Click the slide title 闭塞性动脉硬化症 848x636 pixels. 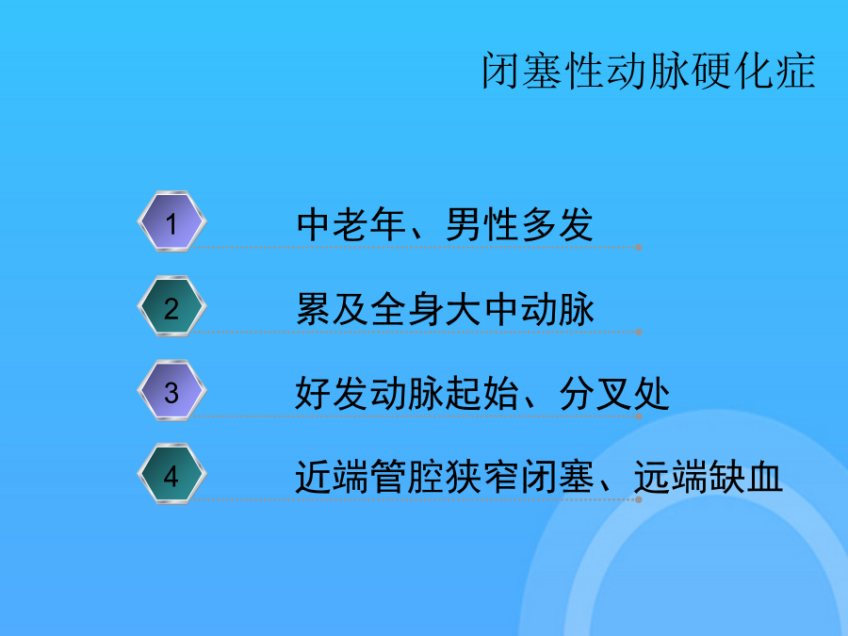pos(648,71)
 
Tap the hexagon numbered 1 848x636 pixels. pos(172,221)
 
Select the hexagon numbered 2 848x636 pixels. pos(172,306)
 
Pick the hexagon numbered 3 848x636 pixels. pos(172,390)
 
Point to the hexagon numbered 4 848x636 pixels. pos(172,474)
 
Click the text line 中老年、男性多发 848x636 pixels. pos(445,224)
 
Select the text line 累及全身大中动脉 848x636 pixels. pos(445,309)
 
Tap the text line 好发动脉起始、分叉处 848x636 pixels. pos(482,393)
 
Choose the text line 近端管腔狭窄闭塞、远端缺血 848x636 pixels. pos(539,477)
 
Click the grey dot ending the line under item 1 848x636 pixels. pos(639,247)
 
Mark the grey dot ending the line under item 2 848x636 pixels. pos(639,332)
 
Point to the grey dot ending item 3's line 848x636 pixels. pos(639,416)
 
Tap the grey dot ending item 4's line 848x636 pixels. pos(639,499)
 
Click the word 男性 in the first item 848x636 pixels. pos(481,224)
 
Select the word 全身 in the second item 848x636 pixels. pos(407,309)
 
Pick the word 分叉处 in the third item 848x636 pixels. pos(614,393)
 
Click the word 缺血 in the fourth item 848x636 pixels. pos(746,477)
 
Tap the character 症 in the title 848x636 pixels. pos(795,71)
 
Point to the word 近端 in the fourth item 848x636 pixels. pos(332,477)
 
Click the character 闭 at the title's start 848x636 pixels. pos(501,71)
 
